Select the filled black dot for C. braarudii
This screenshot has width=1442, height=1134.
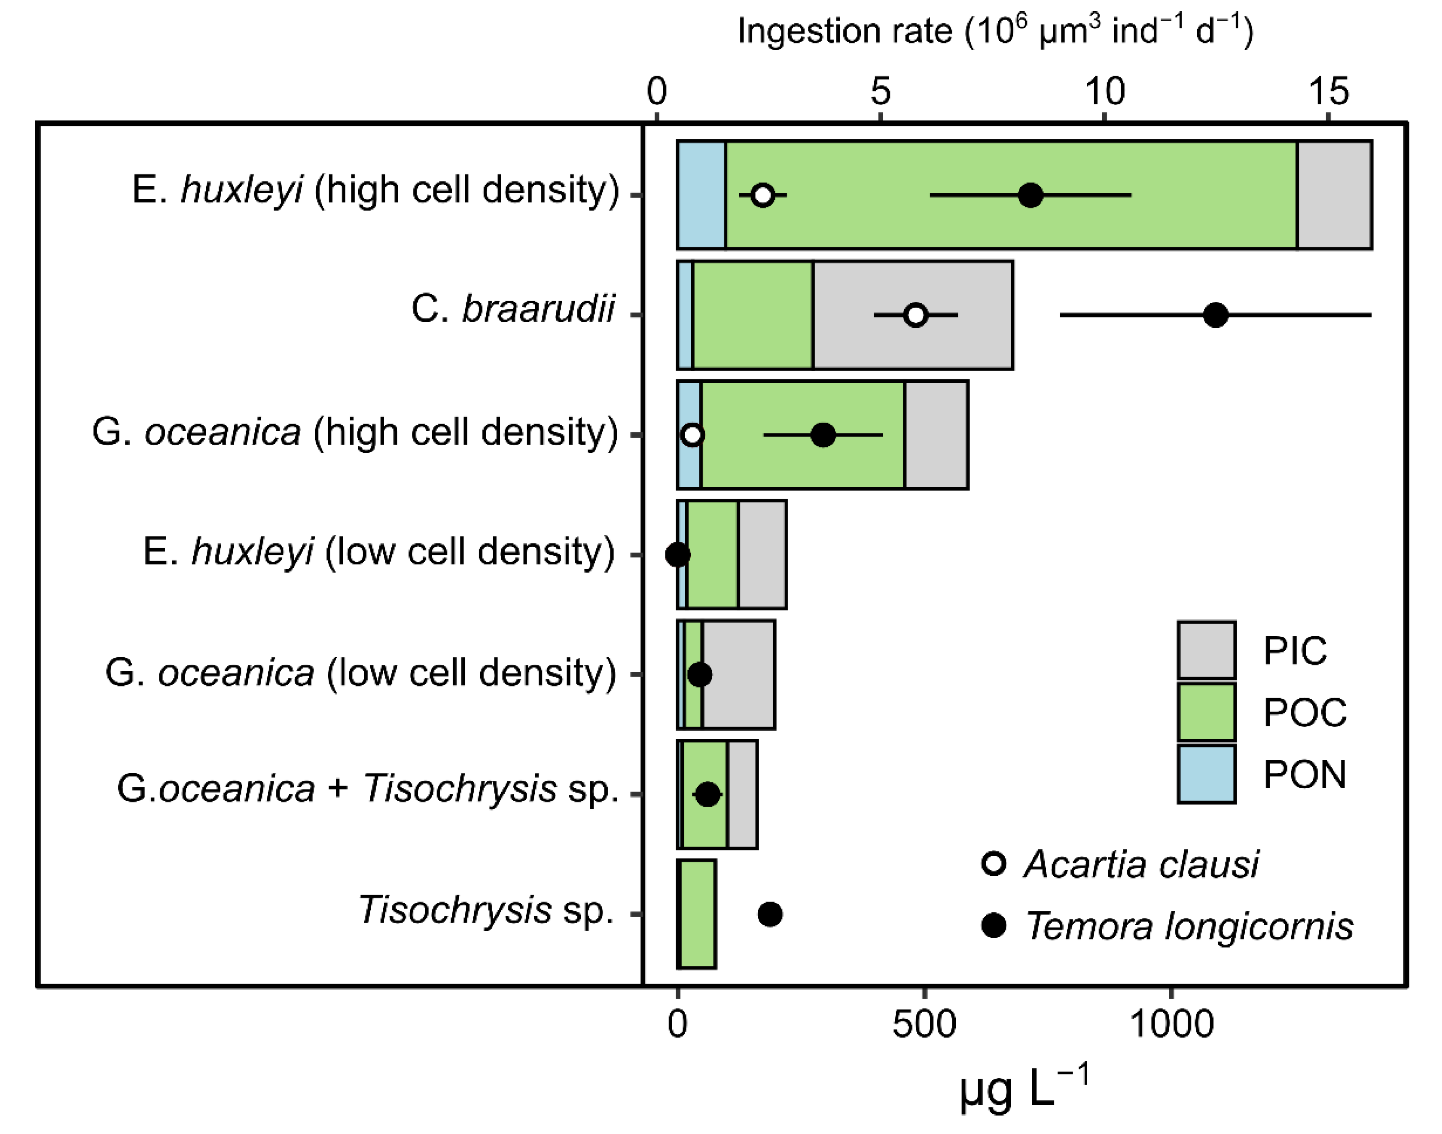tap(1216, 315)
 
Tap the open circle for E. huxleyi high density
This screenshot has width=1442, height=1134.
tap(763, 195)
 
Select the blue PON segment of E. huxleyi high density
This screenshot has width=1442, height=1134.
tap(701, 195)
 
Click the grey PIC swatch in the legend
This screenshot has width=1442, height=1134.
tap(1206, 650)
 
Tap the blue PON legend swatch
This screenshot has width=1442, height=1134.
tap(1206, 774)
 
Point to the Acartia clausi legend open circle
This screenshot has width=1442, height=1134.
tap(994, 864)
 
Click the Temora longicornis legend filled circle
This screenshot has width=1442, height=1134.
tap(994, 925)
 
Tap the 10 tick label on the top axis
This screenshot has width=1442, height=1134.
tap(1104, 91)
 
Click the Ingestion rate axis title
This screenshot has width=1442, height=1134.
tap(995, 31)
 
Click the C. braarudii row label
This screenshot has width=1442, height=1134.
tap(512, 309)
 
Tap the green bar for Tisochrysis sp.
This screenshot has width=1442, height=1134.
tap(696, 914)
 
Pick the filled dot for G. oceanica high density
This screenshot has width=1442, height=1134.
tap(823, 435)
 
